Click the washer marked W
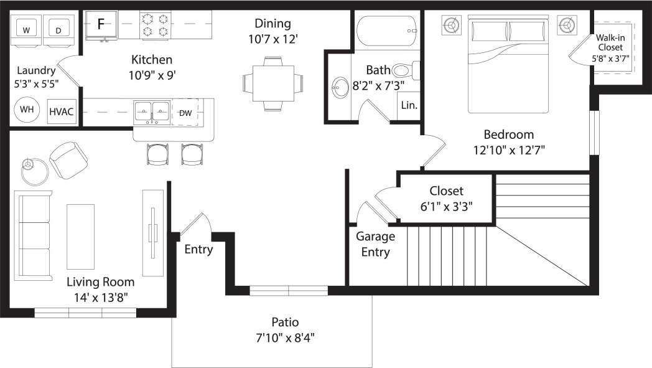[26, 30]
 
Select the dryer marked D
[58, 30]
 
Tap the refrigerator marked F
[101, 25]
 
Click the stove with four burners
[156, 25]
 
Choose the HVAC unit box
[62, 111]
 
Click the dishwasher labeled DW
[185, 113]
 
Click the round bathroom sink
[340, 88]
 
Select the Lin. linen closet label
[409, 105]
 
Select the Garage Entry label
[375, 244]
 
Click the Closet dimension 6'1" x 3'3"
[446, 207]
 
